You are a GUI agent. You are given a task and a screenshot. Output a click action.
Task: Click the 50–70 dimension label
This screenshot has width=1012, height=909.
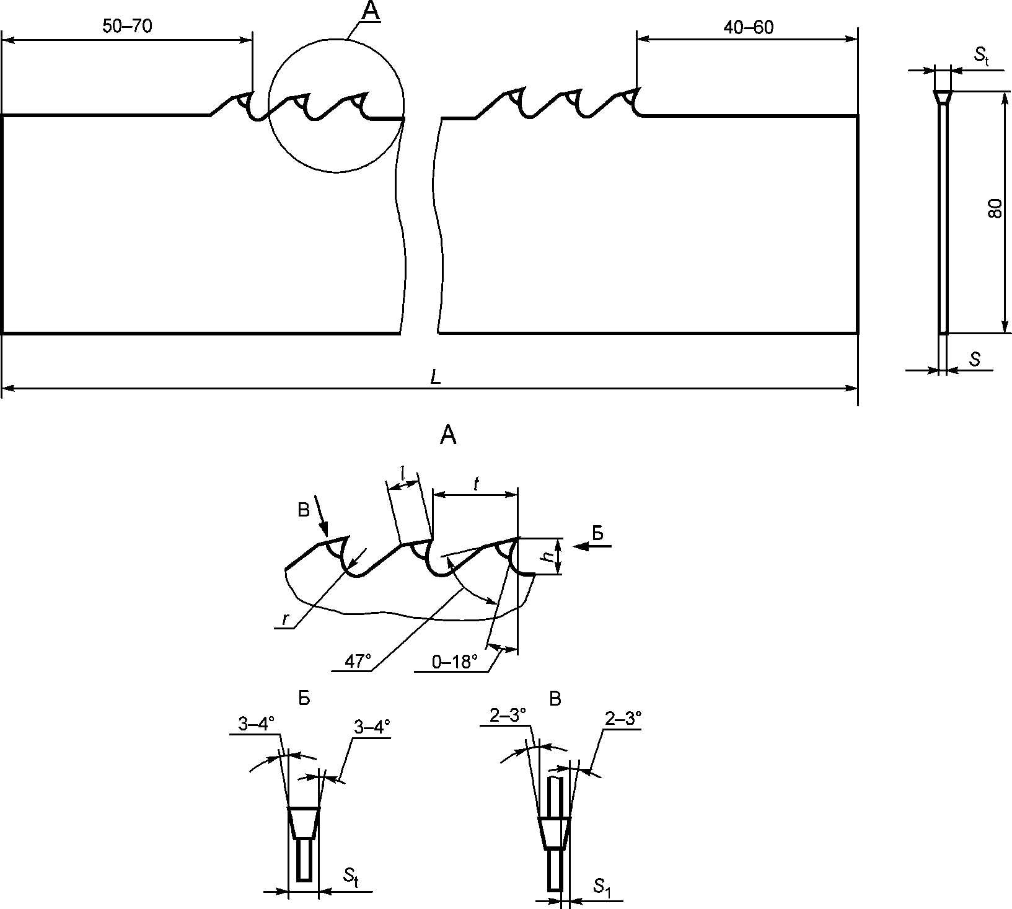tap(127, 26)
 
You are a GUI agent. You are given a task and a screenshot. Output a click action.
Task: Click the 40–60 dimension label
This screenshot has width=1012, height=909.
tap(748, 27)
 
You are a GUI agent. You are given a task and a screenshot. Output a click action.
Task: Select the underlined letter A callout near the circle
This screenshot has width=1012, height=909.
tap(370, 12)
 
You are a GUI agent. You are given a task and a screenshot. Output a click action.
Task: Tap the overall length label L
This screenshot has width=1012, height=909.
tap(436, 378)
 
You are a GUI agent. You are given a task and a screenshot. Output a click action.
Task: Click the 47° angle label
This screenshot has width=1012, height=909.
tap(358, 662)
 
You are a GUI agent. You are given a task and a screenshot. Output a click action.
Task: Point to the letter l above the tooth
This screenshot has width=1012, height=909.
tap(402, 474)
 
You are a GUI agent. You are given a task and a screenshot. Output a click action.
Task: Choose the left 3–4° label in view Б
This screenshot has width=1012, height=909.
tap(255, 724)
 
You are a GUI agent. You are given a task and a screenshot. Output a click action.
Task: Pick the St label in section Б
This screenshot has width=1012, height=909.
tap(351, 876)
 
